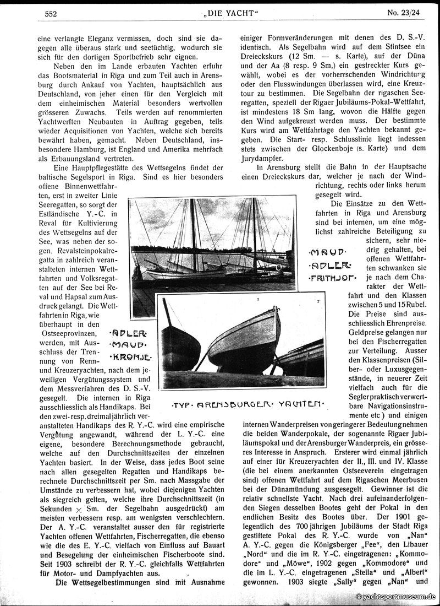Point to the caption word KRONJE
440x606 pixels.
click(129, 358)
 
